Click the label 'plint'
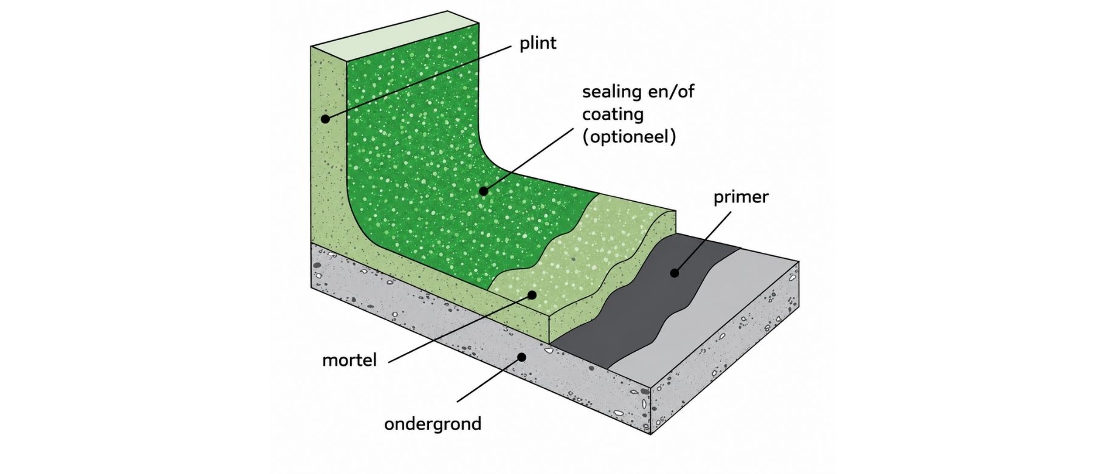538,44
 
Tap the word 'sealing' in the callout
612,92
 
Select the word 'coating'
613,114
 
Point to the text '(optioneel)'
629,137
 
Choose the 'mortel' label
349,360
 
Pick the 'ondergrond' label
433,424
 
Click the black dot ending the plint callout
325,119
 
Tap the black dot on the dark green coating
483,191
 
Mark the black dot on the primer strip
674,273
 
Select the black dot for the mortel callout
532,295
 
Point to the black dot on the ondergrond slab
521,357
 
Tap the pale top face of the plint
395,36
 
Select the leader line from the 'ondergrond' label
489,379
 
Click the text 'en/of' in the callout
671,92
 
